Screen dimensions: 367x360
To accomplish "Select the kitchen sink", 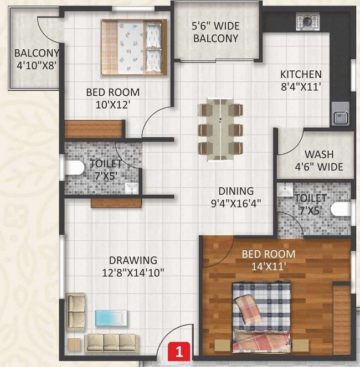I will coord(339,117).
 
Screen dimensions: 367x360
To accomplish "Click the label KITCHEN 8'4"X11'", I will coord(301,80).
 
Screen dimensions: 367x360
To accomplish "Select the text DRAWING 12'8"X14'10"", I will coord(132,266).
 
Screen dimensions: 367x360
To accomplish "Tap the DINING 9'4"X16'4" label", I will coord(235,197).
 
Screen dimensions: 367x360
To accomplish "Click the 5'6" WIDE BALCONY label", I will coord(215,32).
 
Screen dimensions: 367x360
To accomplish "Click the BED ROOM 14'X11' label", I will coord(268,260).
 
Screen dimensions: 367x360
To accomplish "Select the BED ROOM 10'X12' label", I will coord(112,98).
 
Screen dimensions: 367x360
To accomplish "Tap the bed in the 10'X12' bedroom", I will coord(133,47).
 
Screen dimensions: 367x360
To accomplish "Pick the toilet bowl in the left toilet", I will coord(73,168).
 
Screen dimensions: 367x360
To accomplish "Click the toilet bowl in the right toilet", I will coord(342,209).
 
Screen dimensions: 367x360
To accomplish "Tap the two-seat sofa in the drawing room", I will coord(75,311).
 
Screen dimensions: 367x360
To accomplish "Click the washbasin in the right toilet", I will coord(286,190).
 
